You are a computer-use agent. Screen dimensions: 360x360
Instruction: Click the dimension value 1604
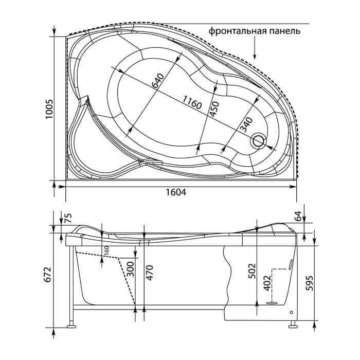coord(176,192)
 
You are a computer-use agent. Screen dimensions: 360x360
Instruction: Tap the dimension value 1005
coord(49,109)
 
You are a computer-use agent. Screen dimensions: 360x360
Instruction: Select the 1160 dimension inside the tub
coord(192,102)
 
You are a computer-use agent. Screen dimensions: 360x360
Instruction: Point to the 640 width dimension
coord(158,80)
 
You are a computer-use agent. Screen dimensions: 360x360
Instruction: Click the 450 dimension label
coord(215,109)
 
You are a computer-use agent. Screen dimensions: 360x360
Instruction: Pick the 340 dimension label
coord(246,125)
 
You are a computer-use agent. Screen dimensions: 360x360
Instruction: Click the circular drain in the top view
coord(259,140)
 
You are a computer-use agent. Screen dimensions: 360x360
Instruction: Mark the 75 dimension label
coord(68,218)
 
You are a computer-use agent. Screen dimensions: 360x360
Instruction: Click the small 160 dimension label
coord(106,250)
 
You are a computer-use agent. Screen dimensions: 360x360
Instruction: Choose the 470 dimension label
coord(150,273)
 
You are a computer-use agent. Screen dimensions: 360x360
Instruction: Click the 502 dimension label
coord(252,271)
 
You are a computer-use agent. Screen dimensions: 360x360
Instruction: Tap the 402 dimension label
coord(267,283)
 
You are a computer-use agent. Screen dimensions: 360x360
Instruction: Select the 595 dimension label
coord(310,283)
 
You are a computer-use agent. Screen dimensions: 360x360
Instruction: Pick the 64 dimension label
coord(298,216)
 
